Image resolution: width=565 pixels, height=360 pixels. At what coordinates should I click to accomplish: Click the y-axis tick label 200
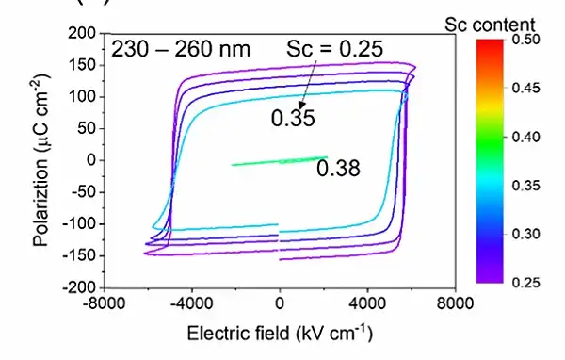coord(82,34)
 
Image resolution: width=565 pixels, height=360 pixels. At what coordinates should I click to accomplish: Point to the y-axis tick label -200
coord(79,286)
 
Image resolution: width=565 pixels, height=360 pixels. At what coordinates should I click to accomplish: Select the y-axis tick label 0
coord(91,160)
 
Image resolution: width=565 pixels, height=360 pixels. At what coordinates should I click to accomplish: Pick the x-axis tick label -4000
coord(191,303)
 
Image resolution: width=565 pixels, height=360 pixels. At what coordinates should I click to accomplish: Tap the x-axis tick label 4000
coord(368,303)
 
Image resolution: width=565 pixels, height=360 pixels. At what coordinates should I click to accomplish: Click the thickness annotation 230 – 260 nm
coord(181,48)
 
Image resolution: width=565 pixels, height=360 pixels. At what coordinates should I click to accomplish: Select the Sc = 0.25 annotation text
coord(335,48)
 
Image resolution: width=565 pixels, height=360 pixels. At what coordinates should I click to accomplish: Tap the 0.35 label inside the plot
coord(292,119)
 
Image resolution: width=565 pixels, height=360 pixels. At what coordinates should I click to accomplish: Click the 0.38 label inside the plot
coord(339,170)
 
